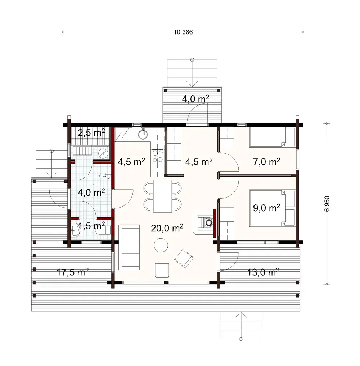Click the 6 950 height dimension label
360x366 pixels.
coord(327,203)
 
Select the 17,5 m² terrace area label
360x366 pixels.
coord(73,272)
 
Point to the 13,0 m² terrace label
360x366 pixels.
coord(264,272)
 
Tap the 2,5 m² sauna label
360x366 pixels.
coord(92,133)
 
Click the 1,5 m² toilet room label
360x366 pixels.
coord(92,226)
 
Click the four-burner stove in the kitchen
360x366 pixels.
coord(157,156)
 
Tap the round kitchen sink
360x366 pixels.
coord(143,134)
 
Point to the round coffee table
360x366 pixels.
coord(161,245)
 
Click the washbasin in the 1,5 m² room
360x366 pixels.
coord(75,230)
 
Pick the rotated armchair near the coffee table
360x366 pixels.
coord(184,258)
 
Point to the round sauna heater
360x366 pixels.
coord(104,153)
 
